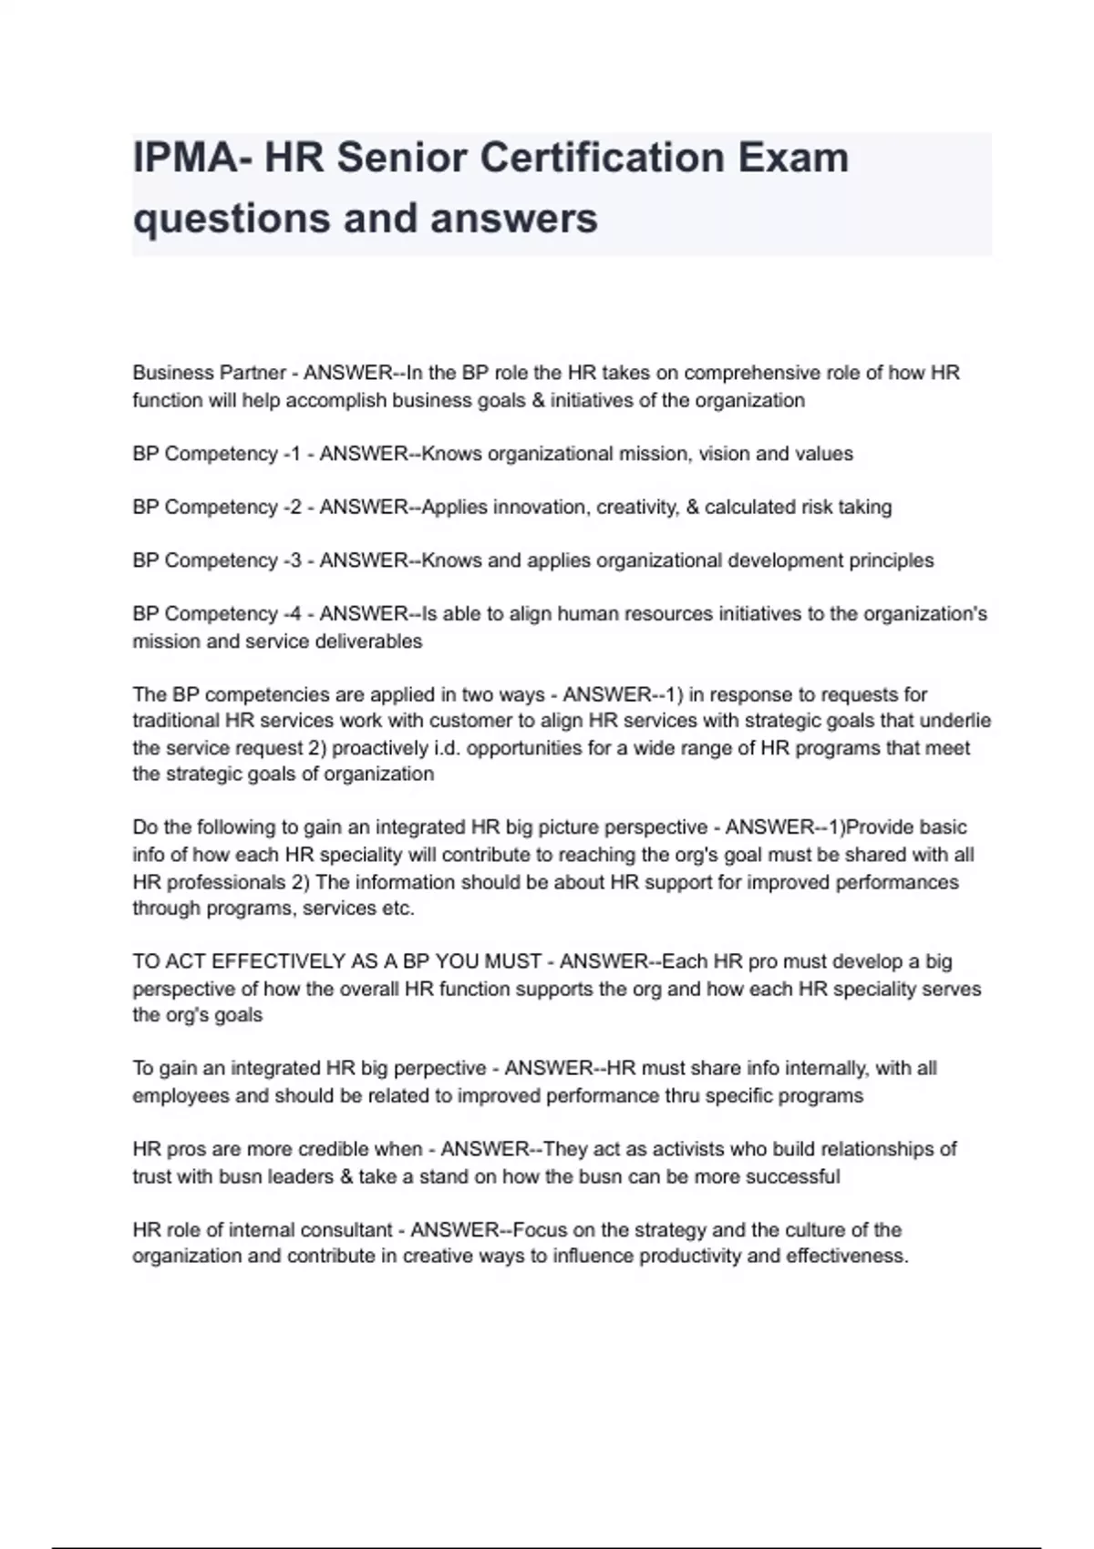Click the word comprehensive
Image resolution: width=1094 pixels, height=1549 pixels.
click(750, 373)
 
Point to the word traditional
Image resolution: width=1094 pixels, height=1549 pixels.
click(176, 721)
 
